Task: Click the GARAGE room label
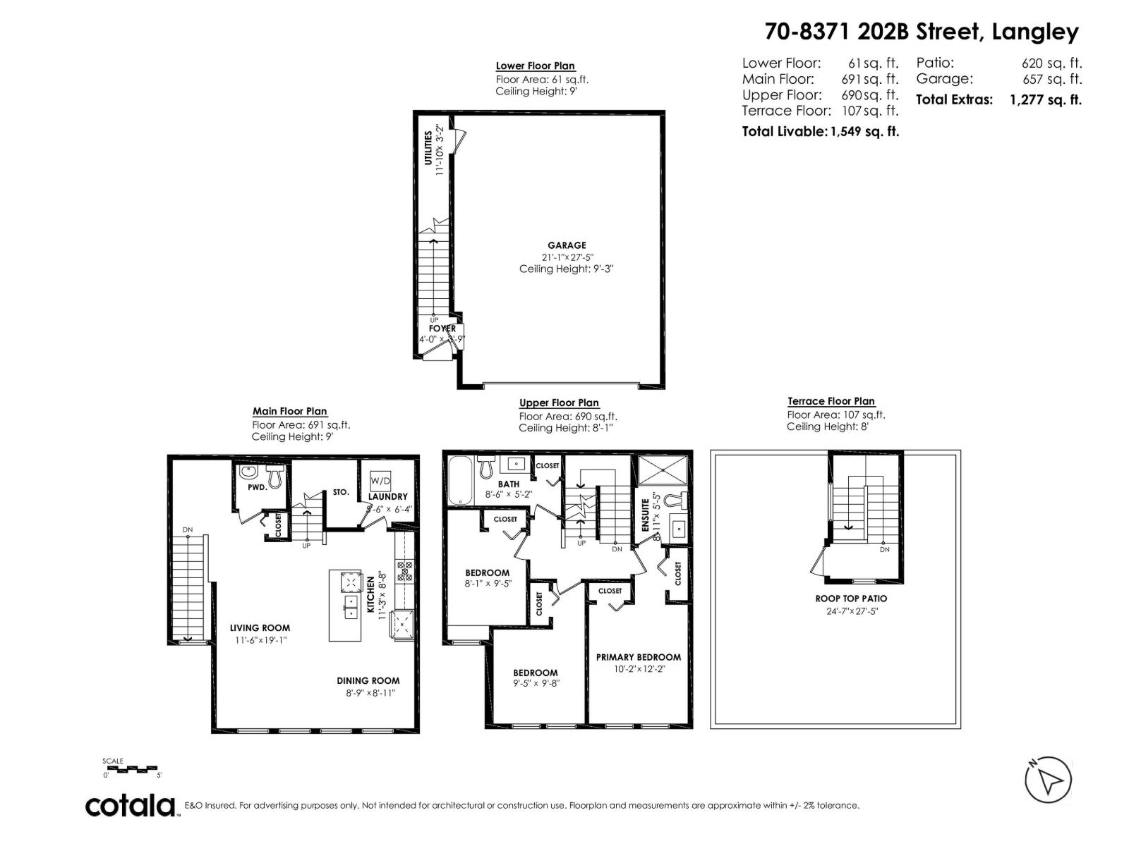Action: pos(567,245)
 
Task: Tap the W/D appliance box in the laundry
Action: pos(380,480)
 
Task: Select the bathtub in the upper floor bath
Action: pos(459,480)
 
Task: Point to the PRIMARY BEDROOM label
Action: pos(638,657)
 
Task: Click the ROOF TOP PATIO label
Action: pos(851,599)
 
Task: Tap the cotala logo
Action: pos(131,806)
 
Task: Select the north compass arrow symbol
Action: pos(1048,780)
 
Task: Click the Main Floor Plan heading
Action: pos(289,411)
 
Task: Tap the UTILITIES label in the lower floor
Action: pos(428,148)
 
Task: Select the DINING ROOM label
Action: pos(368,681)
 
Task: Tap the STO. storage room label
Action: pos(341,492)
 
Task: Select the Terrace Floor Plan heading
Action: pos(831,401)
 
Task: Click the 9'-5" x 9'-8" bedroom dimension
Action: pos(536,683)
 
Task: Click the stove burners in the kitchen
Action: pos(405,570)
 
